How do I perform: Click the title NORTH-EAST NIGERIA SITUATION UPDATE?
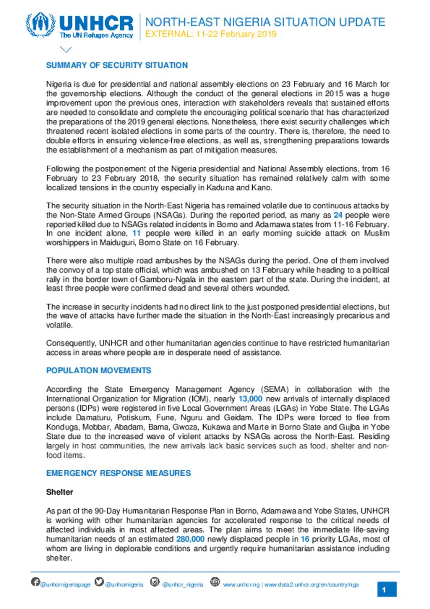coord(265,22)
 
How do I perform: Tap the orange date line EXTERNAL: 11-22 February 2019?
coord(211,34)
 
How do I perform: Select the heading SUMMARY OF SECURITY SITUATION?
coord(117,65)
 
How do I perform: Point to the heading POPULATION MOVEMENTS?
coord(99,370)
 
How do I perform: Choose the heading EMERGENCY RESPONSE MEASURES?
coord(118,473)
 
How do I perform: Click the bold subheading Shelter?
coord(60,492)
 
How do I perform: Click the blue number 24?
coord(338,215)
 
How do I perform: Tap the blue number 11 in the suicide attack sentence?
coord(136,233)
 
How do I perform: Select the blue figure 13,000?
coord(250,398)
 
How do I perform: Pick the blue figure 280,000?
coord(190,539)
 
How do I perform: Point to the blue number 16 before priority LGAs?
coord(305,539)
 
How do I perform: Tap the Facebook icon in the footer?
coord(35,582)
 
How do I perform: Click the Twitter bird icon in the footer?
coord(99,582)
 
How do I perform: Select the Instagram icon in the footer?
coord(155,582)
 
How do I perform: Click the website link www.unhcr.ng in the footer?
coord(241,585)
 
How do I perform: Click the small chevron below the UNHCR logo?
coord(66,50)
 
